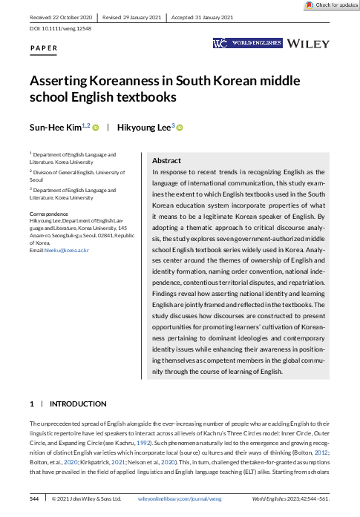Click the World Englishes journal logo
(247, 44)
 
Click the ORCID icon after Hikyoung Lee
(180, 128)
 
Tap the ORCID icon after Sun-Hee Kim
(95, 128)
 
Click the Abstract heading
(166, 160)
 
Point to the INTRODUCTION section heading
(78, 404)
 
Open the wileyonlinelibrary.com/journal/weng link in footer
(182, 500)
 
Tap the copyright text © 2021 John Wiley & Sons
(86, 500)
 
